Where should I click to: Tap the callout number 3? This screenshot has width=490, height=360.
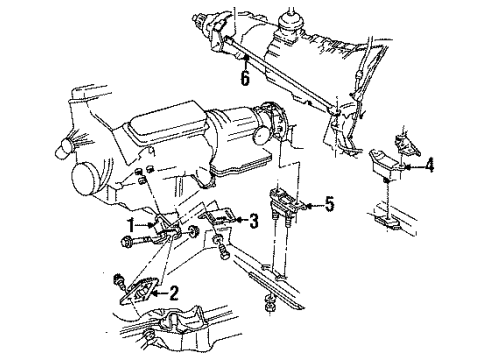coord(253,220)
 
